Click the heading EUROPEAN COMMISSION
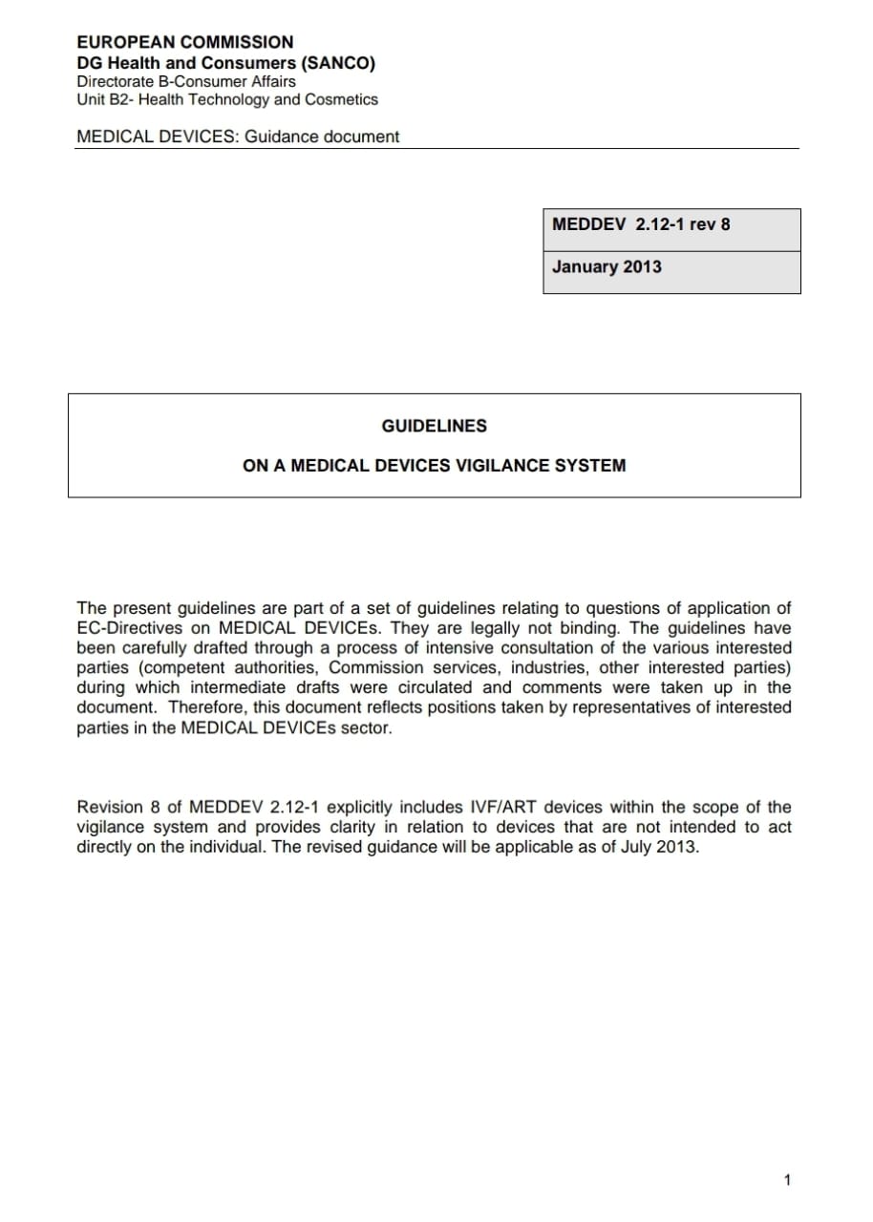[x=185, y=42]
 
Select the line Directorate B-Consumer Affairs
[x=186, y=81]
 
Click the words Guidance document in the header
[x=322, y=137]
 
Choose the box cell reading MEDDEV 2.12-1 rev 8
[x=641, y=224]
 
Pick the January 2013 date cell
[x=607, y=266]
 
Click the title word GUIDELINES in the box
[x=434, y=426]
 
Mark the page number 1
[x=787, y=1181]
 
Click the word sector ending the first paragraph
[x=366, y=727]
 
